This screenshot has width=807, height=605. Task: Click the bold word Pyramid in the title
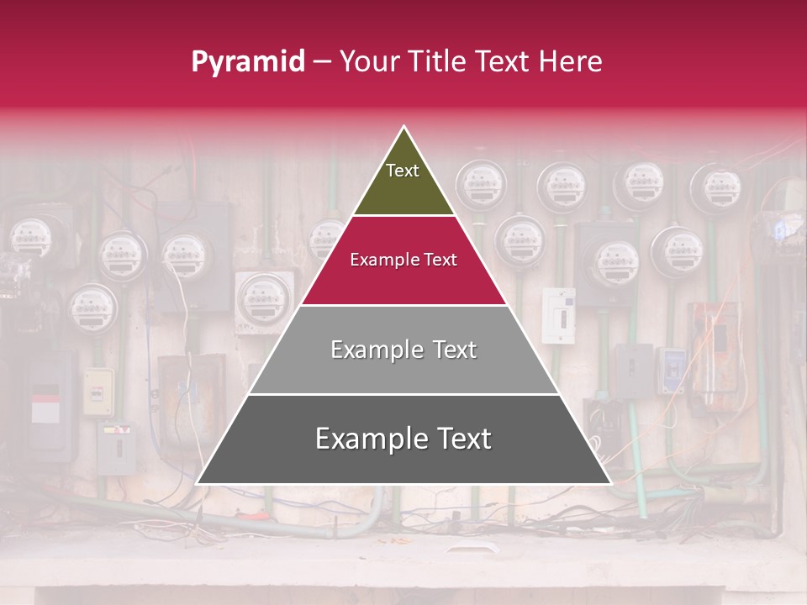click(248, 62)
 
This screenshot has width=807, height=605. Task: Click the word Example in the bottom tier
click(363, 439)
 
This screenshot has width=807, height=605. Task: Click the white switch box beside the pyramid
click(558, 315)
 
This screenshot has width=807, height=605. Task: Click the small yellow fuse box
click(98, 392)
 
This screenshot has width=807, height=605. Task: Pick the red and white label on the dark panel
click(45, 407)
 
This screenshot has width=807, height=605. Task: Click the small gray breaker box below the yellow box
click(116, 447)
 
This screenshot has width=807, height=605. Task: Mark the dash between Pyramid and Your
click(321, 62)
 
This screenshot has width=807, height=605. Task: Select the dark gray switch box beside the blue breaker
click(632, 370)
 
